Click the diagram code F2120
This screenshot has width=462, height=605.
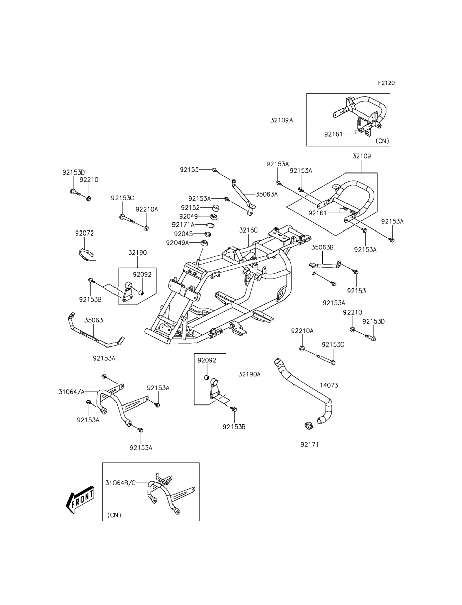point(386,83)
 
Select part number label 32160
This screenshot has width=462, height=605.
point(248,230)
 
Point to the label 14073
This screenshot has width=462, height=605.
point(329,385)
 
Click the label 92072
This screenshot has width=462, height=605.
point(84,233)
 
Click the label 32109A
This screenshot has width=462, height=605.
point(282,120)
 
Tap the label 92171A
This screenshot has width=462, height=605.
point(183,225)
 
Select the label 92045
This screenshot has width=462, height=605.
point(184,234)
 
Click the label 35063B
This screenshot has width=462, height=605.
point(322,247)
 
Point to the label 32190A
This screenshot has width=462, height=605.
point(249,374)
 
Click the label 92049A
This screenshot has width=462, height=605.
point(177,243)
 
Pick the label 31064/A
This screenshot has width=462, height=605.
point(71,392)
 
